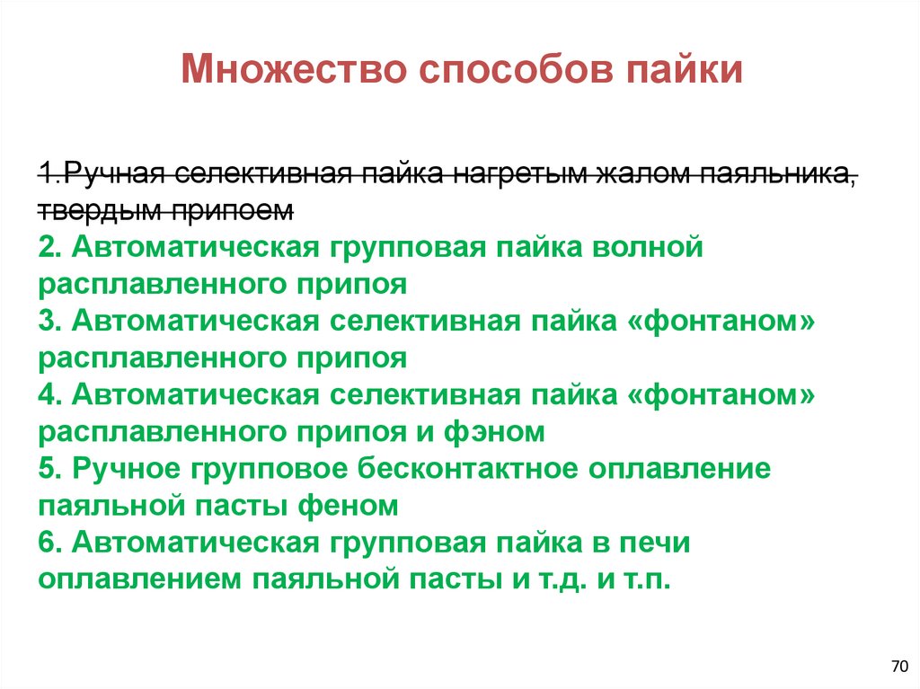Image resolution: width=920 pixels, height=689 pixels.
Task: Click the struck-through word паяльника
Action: click(x=774, y=172)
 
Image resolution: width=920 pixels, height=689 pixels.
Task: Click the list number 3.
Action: click(x=49, y=322)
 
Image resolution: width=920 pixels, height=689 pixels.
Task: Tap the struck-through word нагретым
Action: click(x=473, y=172)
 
